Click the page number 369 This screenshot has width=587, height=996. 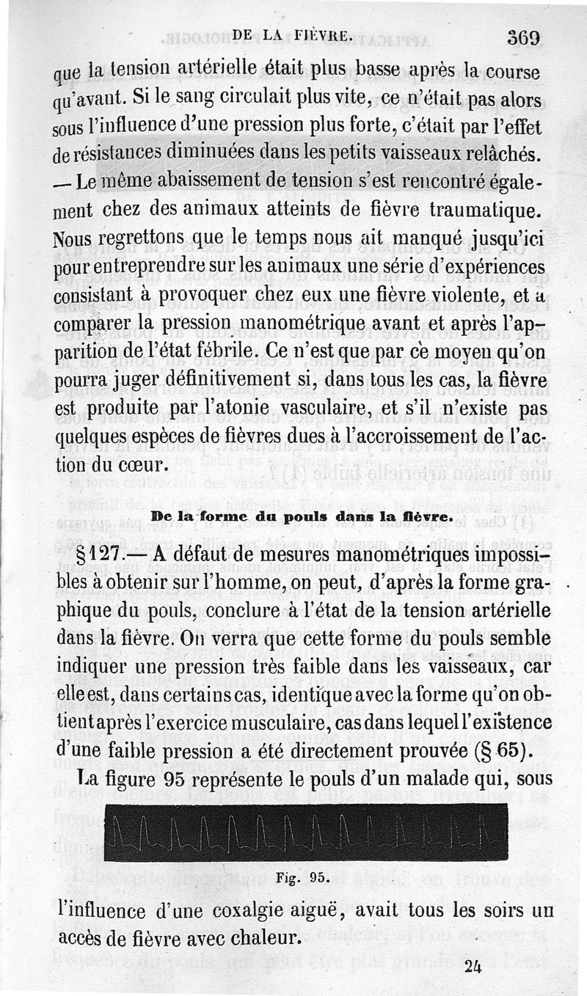tap(522, 38)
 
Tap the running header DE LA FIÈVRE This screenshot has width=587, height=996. tap(292, 33)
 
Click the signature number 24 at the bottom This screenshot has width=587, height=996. tap(472, 966)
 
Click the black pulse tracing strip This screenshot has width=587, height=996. tap(306, 832)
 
